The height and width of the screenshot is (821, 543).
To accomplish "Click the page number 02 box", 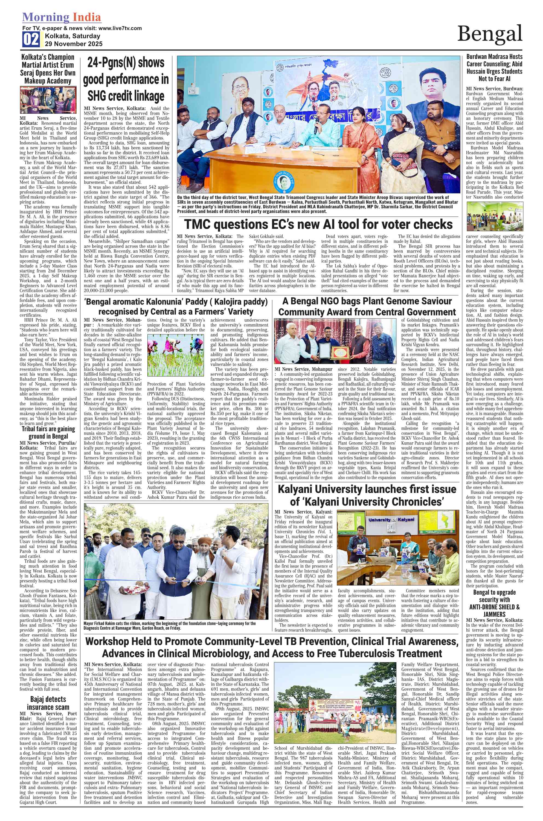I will [x=31, y=39].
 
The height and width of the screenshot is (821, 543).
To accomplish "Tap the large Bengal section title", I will [x=489, y=34].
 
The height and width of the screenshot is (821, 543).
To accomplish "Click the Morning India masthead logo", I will [x=62, y=17].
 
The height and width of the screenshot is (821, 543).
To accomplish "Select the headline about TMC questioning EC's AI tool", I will [x=318, y=224].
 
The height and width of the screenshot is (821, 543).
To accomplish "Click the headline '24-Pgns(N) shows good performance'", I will [x=126, y=79].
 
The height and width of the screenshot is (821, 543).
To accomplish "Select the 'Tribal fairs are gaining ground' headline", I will [x=48, y=432].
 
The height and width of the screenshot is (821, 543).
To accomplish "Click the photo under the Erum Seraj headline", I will [x=48, y=100].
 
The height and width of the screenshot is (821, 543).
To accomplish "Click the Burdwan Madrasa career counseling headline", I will [x=494, y=68].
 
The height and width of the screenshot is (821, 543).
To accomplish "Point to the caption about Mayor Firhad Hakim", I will [x=170, y=626].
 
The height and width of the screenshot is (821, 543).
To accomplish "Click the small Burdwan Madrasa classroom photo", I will [x=494, y=216].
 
